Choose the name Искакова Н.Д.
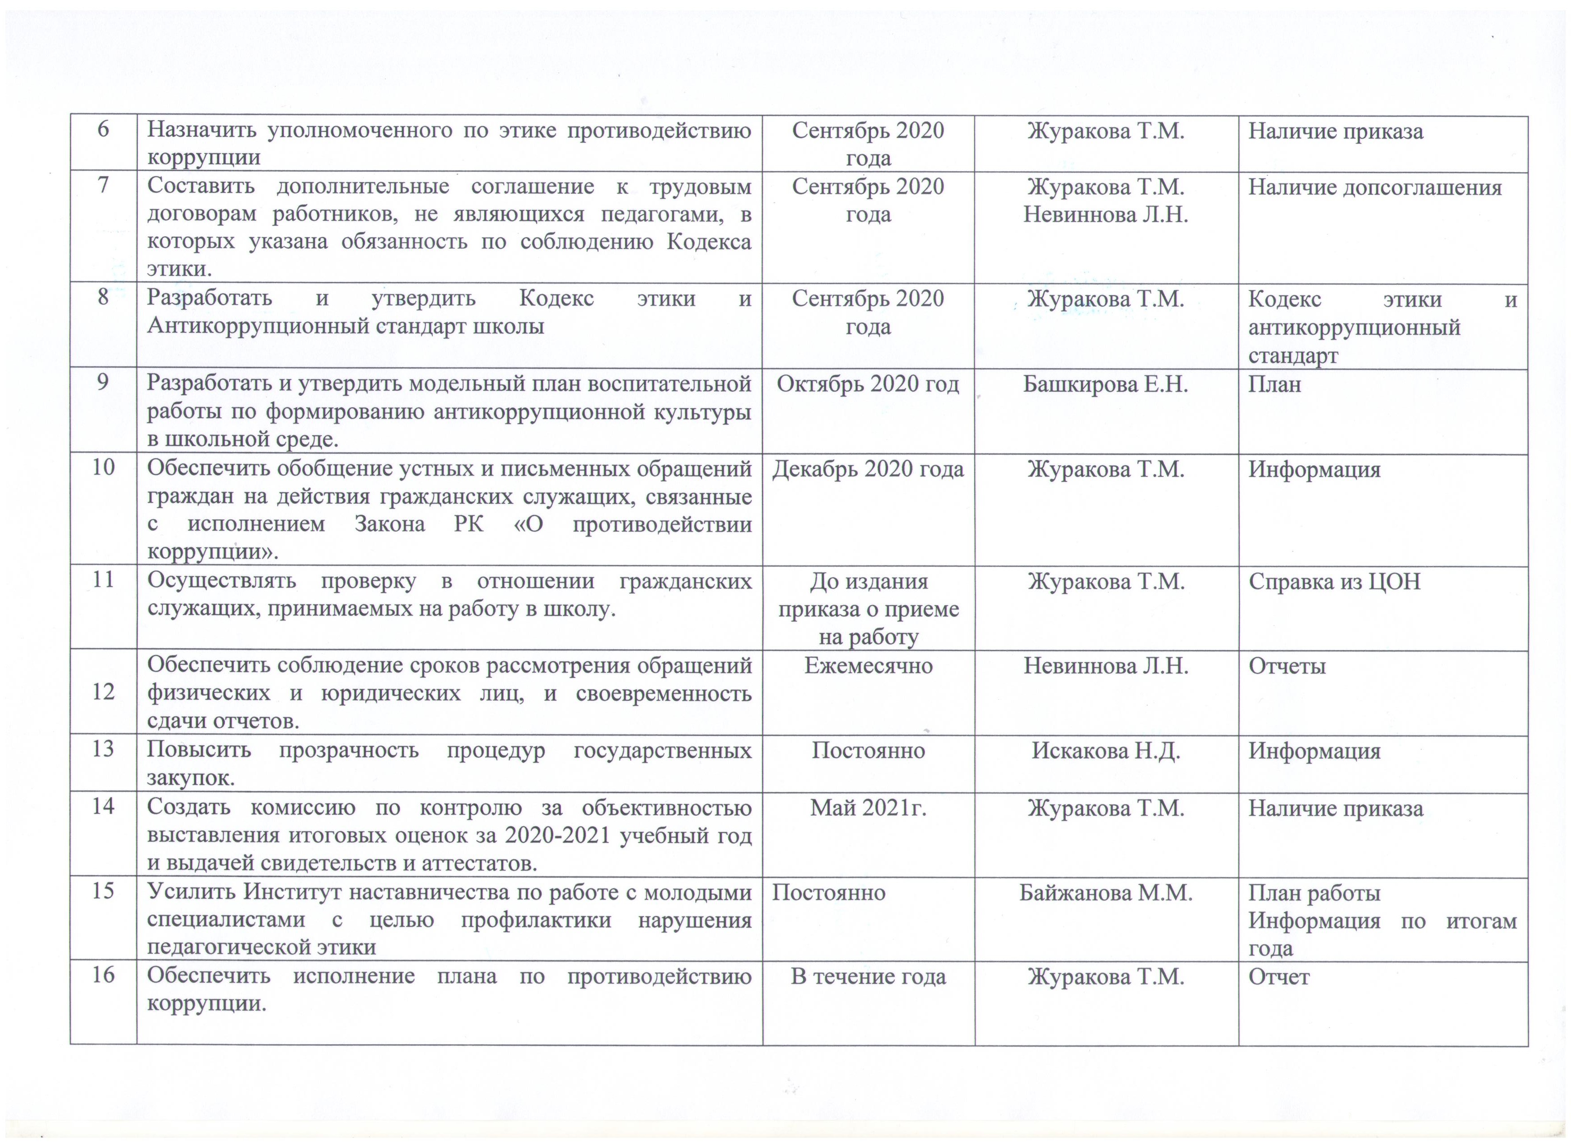click(1106, 751)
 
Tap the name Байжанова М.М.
click(1106, 893)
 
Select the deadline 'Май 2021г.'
click(868, 808)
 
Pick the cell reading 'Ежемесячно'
click(868, 665)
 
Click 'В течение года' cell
click(868, 976)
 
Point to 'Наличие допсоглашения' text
click(1375, 187)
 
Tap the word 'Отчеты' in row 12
click(1287, 665)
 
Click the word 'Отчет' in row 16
click(1279, 976)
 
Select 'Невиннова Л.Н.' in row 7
click(1106, 215)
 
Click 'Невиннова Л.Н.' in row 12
click(1106, 665)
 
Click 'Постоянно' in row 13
click(868, 751)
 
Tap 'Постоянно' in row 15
click(828, 893)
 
